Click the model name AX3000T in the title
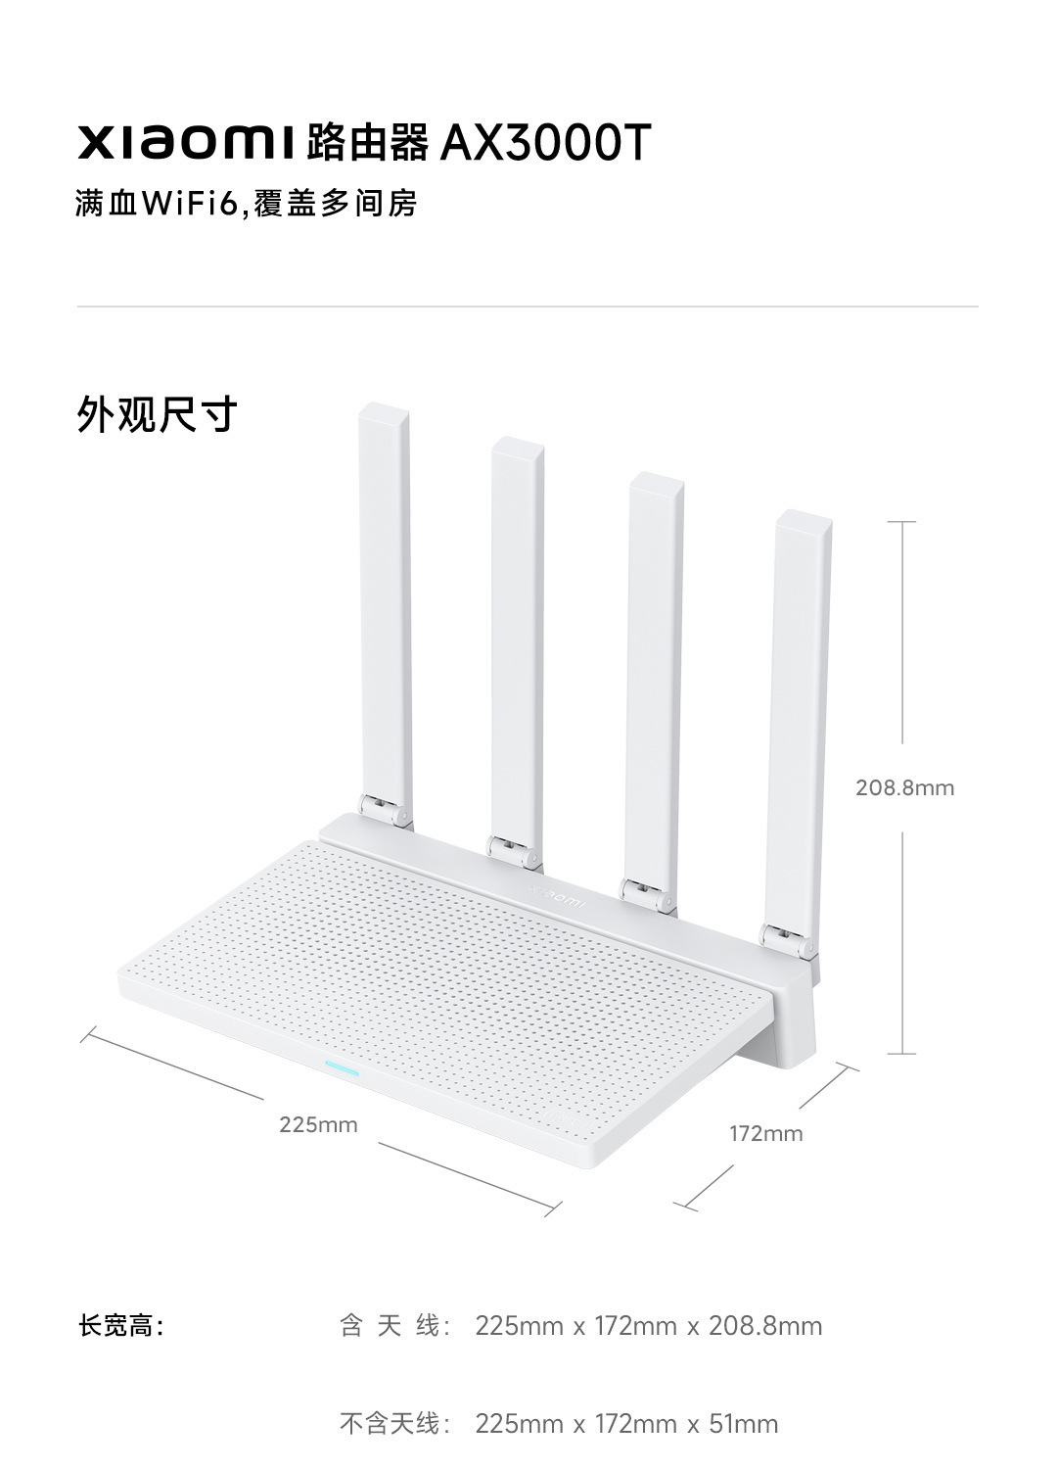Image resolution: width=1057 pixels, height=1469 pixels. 545,143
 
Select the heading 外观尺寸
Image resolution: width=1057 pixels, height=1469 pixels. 158,415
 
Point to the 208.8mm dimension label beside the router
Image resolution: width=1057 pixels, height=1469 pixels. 904,787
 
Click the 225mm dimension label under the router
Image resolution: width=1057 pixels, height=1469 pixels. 318,1124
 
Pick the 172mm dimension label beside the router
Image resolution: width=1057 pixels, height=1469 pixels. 765,1133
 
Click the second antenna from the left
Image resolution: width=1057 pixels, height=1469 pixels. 517,637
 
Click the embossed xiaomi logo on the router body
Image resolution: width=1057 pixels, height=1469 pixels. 557,895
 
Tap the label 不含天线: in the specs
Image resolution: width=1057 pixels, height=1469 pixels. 396,1423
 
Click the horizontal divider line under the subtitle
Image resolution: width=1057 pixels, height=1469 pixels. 528,307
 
